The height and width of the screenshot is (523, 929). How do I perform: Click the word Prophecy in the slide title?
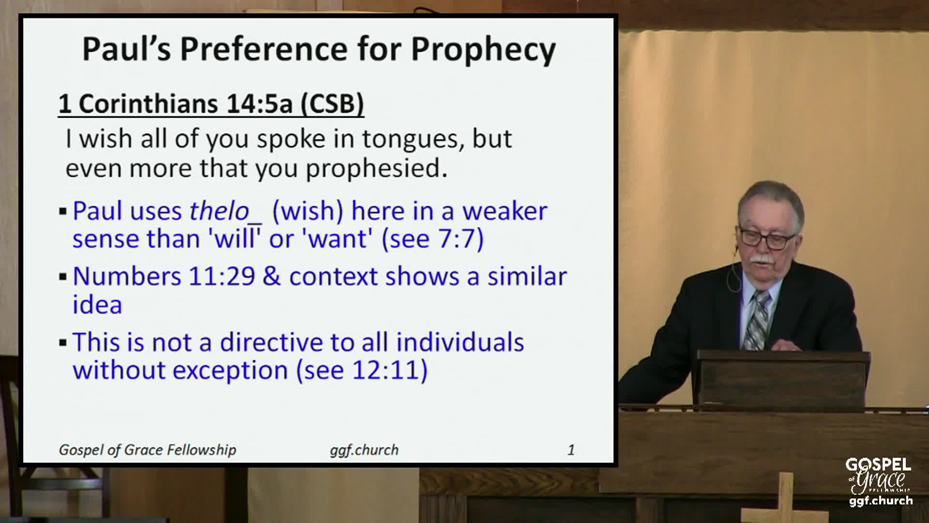click(483, 49)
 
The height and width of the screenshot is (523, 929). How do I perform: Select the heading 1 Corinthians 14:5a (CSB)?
click(211, 104)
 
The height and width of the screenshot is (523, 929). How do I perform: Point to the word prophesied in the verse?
click(376, 169)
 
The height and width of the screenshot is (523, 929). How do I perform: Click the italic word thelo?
click(219, 211)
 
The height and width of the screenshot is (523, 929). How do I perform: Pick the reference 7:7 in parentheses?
click(459, 239)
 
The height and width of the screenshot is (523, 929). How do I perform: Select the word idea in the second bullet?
click(97, 305)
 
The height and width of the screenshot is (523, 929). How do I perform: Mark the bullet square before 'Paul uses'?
click(63, 212)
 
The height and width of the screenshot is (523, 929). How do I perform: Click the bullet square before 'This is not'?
click(63, 343)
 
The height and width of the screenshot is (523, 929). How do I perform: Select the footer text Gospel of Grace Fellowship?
click(148, 450)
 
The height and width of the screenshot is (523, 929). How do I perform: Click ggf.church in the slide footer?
click(364, 450)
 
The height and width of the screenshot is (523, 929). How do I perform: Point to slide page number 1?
click(571, 450)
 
